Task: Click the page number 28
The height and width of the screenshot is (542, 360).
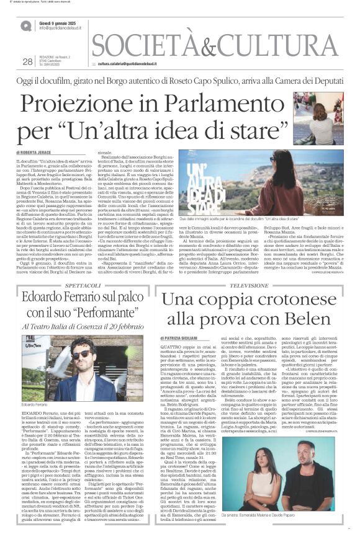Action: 27,61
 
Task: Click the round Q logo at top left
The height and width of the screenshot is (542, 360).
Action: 25,25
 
